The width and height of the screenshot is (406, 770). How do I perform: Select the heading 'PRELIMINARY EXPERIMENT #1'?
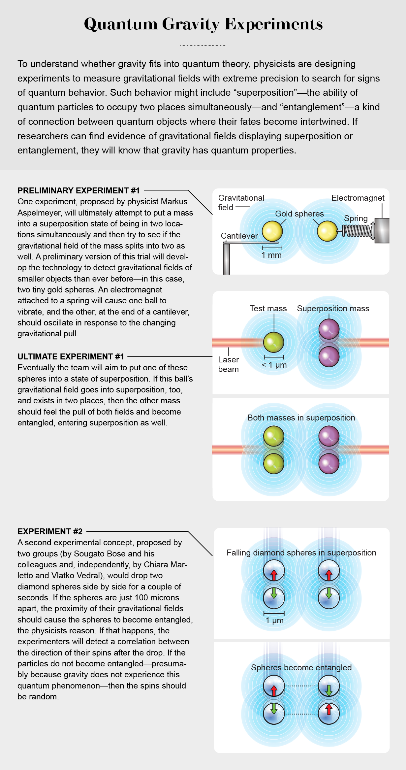tap(78, 190)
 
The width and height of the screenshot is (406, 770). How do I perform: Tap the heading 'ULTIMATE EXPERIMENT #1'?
tap(71, 356)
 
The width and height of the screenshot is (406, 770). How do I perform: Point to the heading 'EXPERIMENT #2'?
tap(50, 531)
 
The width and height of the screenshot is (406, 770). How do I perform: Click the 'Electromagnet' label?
tap(358, 198)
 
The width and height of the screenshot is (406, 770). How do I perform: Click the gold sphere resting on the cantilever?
tap(272, 231)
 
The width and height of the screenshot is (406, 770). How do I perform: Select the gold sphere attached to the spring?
tap(327, 231)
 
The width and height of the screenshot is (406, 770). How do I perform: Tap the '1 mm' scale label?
tap(271, 255)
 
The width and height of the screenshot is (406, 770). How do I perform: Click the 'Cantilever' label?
tap(239, 236)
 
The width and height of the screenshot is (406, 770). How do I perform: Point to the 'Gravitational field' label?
tap(241, 203)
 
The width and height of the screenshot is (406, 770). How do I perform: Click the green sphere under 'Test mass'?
tap(274, 342)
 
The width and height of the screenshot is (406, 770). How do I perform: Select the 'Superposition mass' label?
tap(333, 308)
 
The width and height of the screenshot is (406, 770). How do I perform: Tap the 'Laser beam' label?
tap(228, 364)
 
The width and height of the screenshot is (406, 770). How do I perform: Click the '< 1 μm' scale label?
tap(274, 365)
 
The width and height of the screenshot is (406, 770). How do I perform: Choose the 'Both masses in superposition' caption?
tap(301, 418)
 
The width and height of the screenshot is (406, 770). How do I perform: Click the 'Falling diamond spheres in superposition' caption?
tap(301, 552)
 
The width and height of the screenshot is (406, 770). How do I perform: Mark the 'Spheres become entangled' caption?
tap(301, 667)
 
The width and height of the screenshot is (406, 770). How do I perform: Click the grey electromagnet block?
tap(382, 231)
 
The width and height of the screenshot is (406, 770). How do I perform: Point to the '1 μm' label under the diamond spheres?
tap(275, 620)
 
